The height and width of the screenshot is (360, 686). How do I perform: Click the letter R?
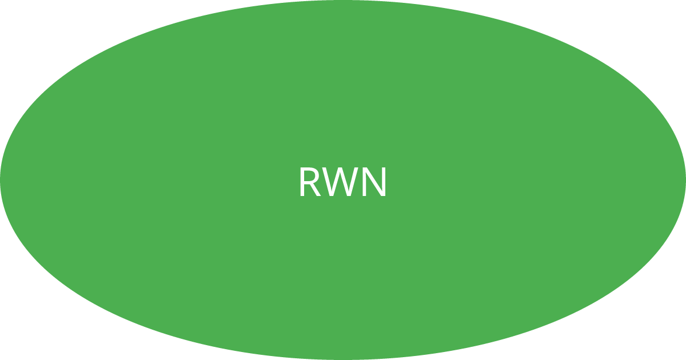coord(309,182)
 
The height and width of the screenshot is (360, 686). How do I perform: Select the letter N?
coord(375,182)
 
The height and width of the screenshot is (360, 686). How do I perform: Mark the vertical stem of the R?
coord(302,182)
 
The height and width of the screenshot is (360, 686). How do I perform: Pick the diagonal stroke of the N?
coord(375,182)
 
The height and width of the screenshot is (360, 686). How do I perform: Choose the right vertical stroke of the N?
coord(385,182)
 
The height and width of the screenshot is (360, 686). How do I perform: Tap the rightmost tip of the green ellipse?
coord(684,180)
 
